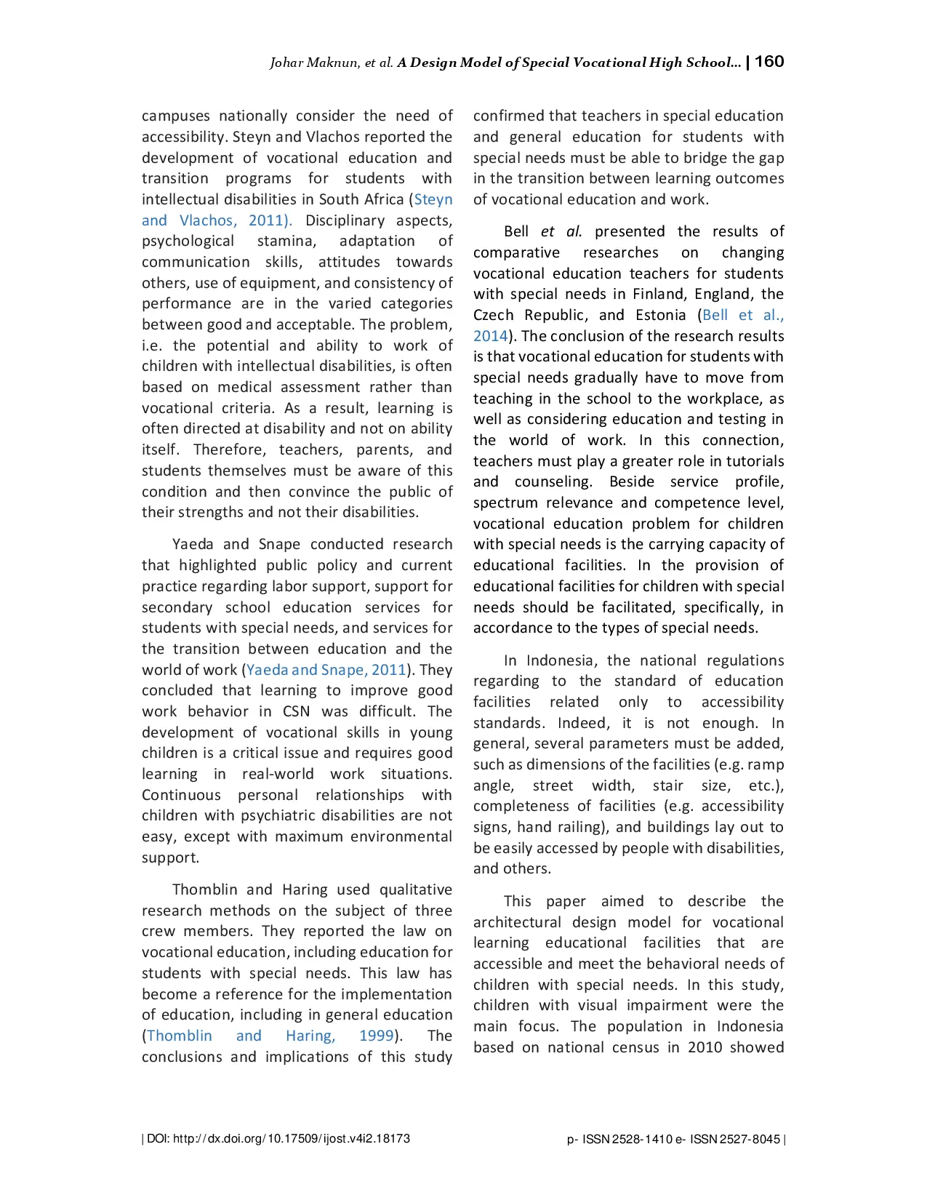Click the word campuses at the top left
click(175, 116)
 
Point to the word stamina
click(286, 241)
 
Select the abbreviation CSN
click(296, 711)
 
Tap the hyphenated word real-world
click(278, 775)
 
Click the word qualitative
click(416, 890)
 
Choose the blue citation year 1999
click(377, 1036)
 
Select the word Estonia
click(660, 316)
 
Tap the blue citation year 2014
click(490, 337)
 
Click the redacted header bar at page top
click(526, 62)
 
